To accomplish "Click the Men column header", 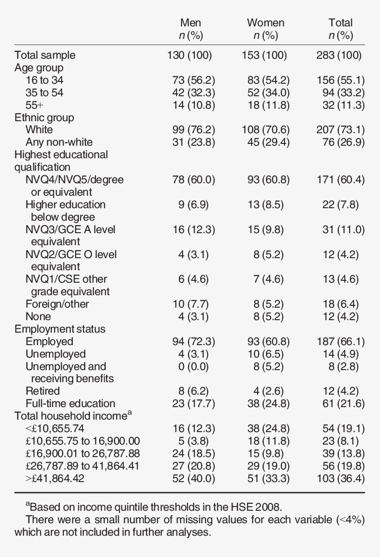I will pyautogui.click(x=191, y=23).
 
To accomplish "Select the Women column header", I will pyautogui.click(x=266, y=23).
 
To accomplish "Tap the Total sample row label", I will pyautogui.click(x=45, y=56).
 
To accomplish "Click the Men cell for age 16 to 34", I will pyautogui.click(x=191, y=80).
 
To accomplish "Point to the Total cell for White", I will pyautogui.click(x=341, y=130).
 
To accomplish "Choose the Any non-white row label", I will pyautogui.click(x=59, y=142).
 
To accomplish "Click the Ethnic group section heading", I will pyautogui.click(x=44, y=118).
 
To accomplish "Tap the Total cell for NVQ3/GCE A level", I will pyautogui.click(x=343, y=229).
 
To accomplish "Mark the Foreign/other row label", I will pyautogui.click(x=57, y=304).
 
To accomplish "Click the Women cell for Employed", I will pyautogui.click(x=268, y=341).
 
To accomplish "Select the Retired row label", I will pyautogui.click(x=43, y=391).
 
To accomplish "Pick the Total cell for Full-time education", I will pyautogui.click(x=343, y=403).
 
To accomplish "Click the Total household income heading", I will pyautogui.click(x=70, y=416).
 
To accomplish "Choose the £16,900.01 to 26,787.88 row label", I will pyautogui.click(x=82, y=453).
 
